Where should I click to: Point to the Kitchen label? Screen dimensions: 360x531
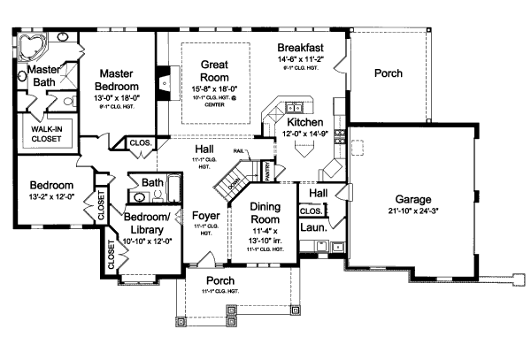coord(304,122)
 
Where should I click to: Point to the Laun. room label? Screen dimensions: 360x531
coord(314,227)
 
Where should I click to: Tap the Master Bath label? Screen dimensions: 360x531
coord(41,76)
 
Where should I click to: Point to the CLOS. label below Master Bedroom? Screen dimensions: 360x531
coord(140,142)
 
